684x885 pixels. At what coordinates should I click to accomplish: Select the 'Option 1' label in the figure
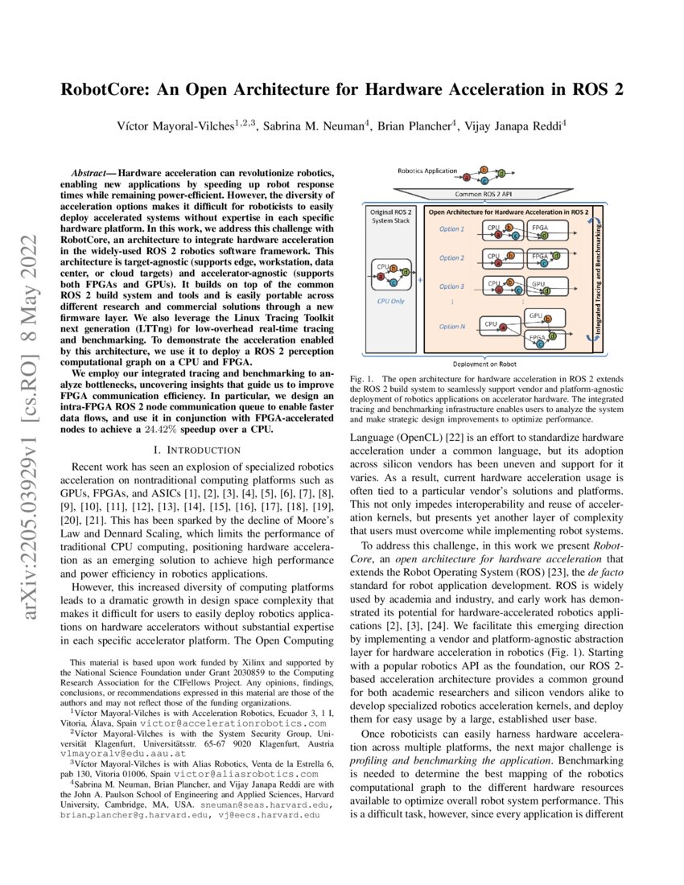[451, 230]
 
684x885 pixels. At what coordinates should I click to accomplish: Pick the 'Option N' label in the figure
[451, 326]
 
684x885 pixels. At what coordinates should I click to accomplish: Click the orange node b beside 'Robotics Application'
[484, 170]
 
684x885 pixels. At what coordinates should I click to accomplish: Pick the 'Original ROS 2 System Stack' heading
[390, 216]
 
